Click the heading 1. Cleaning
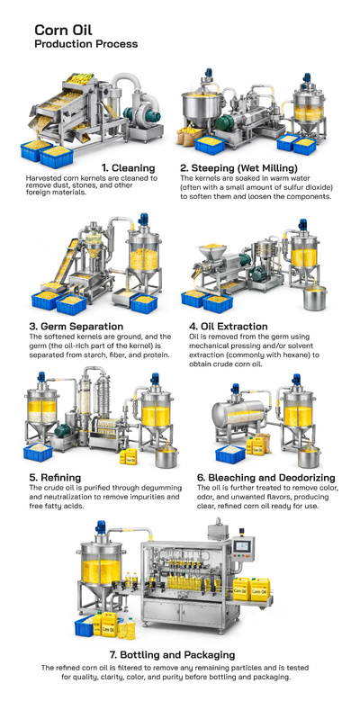pos(128,167)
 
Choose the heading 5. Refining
pos(56,477)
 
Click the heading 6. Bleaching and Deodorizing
pos(265,477)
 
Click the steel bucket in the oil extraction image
pos(315,298)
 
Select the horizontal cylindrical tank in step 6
pos(236,417)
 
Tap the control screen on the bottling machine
pos(241,547)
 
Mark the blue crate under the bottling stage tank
pos(88,626)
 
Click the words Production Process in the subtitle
pos(85,44)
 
